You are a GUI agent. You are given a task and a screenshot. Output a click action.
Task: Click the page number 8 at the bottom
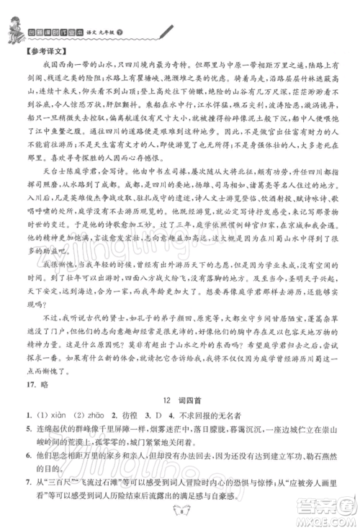pos(180,513)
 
